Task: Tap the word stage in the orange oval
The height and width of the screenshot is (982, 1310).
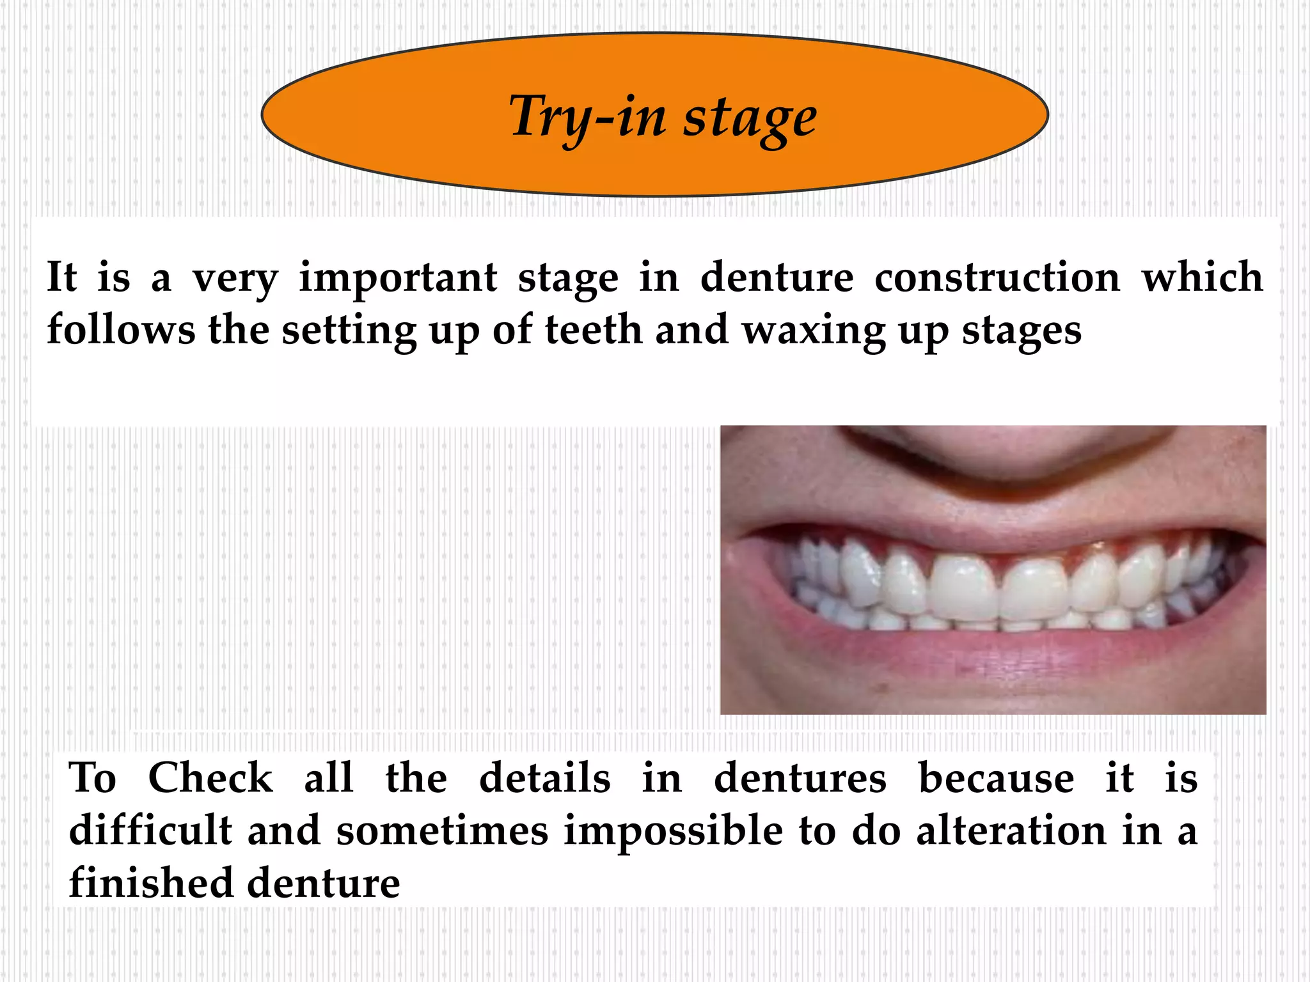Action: tap(750, 119)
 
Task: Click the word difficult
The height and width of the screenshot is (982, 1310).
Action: tap(150, 830)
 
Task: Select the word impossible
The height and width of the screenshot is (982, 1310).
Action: tap(673, 832)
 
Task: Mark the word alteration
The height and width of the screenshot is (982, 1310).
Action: tap(1011, 830)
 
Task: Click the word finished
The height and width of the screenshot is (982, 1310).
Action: tap(150, 883)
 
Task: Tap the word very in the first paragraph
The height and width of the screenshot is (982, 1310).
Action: tap(235, 279)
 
